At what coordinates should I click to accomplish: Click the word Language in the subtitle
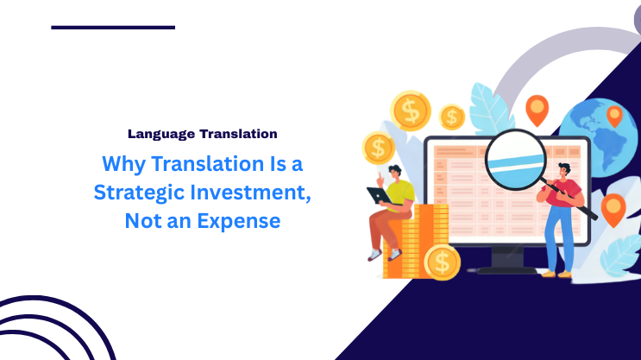(160, 134)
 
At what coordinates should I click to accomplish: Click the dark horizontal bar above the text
(113, 27)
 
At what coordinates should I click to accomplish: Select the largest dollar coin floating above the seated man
(411, 110)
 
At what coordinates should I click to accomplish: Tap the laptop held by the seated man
(379, 197)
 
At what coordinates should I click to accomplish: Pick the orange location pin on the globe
(614, 115)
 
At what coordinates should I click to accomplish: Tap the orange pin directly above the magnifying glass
(537, 109)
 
